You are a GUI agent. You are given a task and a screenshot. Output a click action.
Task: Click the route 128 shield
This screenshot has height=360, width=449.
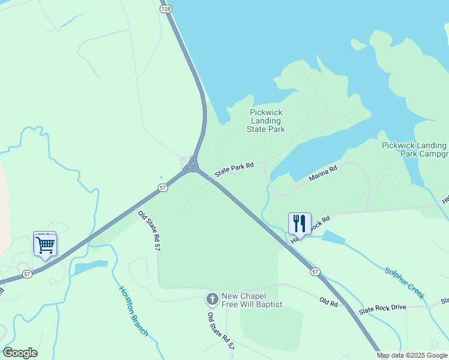click(x=166, y=9)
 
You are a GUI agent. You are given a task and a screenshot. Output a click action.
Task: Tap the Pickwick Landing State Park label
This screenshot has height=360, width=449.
click(x=265, y=121)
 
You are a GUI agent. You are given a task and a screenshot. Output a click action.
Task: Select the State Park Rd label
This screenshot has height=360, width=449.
click(x=235, y=169)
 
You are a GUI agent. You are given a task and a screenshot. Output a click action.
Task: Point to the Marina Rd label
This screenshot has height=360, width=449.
click(x=323, y=173)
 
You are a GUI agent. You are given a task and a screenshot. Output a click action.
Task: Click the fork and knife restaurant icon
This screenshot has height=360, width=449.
click(x=300, y=224)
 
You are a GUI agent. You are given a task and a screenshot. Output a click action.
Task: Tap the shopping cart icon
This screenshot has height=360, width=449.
click(x=45, y=245)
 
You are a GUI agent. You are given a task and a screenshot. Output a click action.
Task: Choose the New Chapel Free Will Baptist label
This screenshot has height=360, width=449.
click(x=252, y=300)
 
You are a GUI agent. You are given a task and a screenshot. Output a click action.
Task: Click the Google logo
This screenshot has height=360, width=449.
click(x=20, y=353)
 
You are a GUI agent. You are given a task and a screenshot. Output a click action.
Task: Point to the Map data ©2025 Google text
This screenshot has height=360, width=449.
click(x=412, y=355)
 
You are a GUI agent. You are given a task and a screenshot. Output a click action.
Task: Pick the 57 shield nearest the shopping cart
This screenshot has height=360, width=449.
click(x=27, y=274)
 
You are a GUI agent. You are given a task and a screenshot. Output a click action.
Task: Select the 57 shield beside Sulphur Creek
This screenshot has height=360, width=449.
click(x=315, y=272)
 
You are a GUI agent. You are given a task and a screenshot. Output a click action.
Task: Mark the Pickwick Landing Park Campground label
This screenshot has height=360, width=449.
click(x=415, y=149)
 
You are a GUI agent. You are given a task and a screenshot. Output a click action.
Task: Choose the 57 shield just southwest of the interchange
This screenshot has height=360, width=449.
click(x=163, y=188)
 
